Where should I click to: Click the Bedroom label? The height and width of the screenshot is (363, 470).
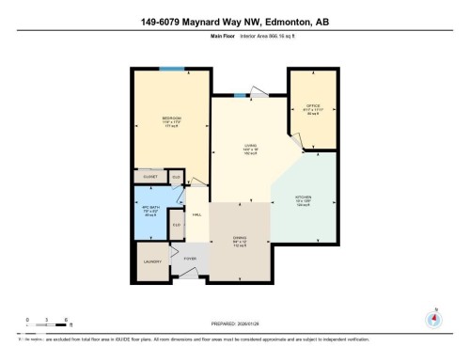tap(170, 118)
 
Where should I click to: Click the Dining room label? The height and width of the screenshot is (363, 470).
tap(239, 238)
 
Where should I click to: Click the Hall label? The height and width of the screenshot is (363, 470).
tap(197, 215)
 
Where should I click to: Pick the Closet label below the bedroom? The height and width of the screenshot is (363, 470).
tap(149, 176)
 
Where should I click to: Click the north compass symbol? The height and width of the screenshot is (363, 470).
tap(433, 318)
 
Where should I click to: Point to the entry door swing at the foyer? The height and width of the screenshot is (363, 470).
tap(189, 273)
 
